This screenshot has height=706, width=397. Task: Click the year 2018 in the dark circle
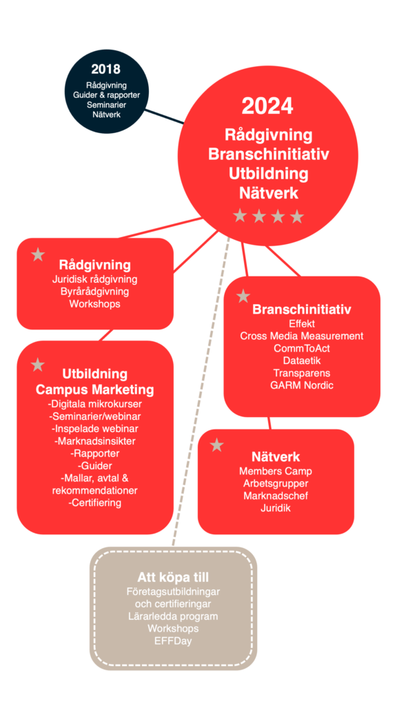pyautogui.click(x=105, y=69)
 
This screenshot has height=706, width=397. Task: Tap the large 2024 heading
pyautogui.click(x=267, y=107)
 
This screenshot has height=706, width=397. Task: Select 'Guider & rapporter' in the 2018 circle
pyautogui.click(x=106, y=94)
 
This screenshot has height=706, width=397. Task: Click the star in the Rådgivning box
pyautogui.click(x=39, y=254)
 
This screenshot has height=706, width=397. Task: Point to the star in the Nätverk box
pyautogui.click(x=217, y=445)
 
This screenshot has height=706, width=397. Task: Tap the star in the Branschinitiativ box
pyautogui.click(x=243, y=296)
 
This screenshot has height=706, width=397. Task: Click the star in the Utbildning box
pyautogui.click(x=38, y=365)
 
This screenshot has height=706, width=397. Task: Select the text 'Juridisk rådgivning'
pyautogui.click(x=94, y=279)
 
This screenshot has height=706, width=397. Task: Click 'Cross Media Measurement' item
pyautogui.click(x=302, y=336)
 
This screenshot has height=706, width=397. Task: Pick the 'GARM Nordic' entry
pyautogui.click(x=302, y=385)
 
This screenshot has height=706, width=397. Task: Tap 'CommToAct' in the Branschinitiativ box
pyautogui.click(x=302, y=348)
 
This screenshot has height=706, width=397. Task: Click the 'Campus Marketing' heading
pyautogui.click(x=94, y=390)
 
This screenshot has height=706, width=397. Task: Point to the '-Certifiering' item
pyautogui.click(x=94, y=503)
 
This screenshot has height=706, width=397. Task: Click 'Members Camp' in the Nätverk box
pyautogui.click(x=276, y=472)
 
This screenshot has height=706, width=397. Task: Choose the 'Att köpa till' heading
pyautogui.click(x=173, y=578)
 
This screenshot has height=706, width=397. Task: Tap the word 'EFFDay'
pyautogui.click(x=173, y=641)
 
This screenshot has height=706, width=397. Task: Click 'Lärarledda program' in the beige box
pyautogui.click(x=173, y=616)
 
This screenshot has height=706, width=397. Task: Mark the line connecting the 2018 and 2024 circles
pyautogui.click(x=164, y=116)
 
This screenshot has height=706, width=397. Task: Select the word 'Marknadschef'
pyautogui.click(x=276, y=496)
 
